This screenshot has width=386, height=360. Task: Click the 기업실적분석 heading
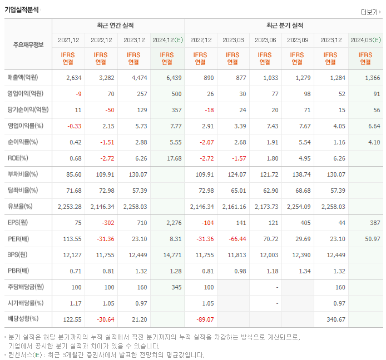click(22, 9)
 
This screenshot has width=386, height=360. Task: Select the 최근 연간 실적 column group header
click(118, 26)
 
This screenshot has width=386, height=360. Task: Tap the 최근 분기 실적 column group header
click(284, 26)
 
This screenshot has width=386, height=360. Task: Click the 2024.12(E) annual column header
click(167, 40)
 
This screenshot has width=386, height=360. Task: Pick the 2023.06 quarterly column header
click(266, 40)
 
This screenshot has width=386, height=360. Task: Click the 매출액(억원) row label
click(26, 78)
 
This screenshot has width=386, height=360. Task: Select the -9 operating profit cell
click(78, 94)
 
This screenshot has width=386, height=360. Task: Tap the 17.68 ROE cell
click(174, 158)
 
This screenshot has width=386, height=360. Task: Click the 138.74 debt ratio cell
click(300, 174)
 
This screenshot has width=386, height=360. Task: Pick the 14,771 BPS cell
click(172, 256)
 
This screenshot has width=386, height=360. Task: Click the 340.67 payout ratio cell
click(333, 320)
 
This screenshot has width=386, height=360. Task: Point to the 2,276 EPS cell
click(174, 223)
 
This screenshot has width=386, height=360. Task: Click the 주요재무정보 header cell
click(28, 44)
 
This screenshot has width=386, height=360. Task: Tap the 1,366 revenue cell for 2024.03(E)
click(372, 78)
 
